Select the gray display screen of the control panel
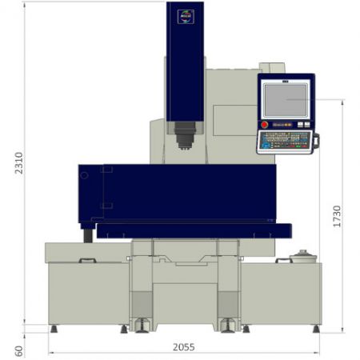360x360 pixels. pyautogui.click(x=286, y=100)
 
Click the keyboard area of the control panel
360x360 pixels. pyautogui.click(x=283, y=141)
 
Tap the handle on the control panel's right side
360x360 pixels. pyautogui.click(x=315, y=142)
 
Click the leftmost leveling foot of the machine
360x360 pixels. pyautogui.click(x=54, y=328)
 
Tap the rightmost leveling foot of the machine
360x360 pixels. pyautogui.click(x=317, y=328)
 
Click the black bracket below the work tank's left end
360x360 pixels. pyautogui.click(x=87, y=234)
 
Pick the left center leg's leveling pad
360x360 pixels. pyautogui.click(x=142, y=325)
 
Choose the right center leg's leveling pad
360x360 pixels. pyautogui.click(x=229, y=325)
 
